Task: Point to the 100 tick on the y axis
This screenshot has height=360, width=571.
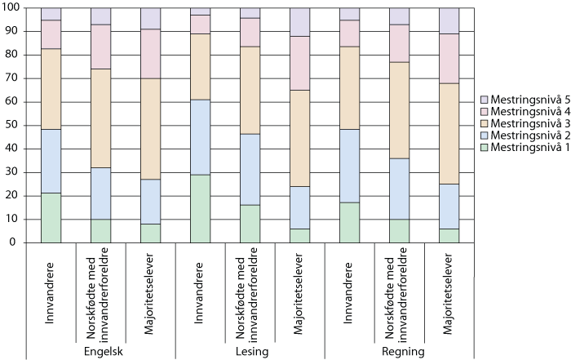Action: point(11,8)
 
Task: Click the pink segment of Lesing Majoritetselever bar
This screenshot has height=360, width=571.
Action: point(300,63)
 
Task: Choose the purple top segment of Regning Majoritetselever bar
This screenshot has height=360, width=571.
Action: point(449,20)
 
